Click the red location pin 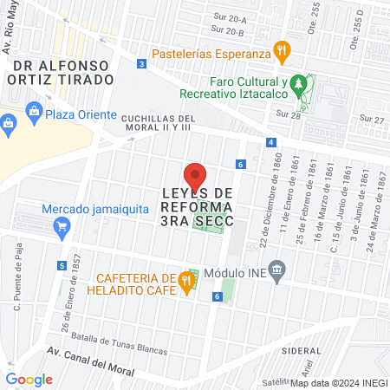[195, 175]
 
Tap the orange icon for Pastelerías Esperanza [280, 50]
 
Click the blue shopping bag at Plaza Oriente [33, 110]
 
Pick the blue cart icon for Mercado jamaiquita [61, 228]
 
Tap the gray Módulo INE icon [276, 270]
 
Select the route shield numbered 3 [141, 63]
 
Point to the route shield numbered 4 [271, 141]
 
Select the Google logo [29, 379]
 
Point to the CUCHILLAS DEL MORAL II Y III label [160, 122]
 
